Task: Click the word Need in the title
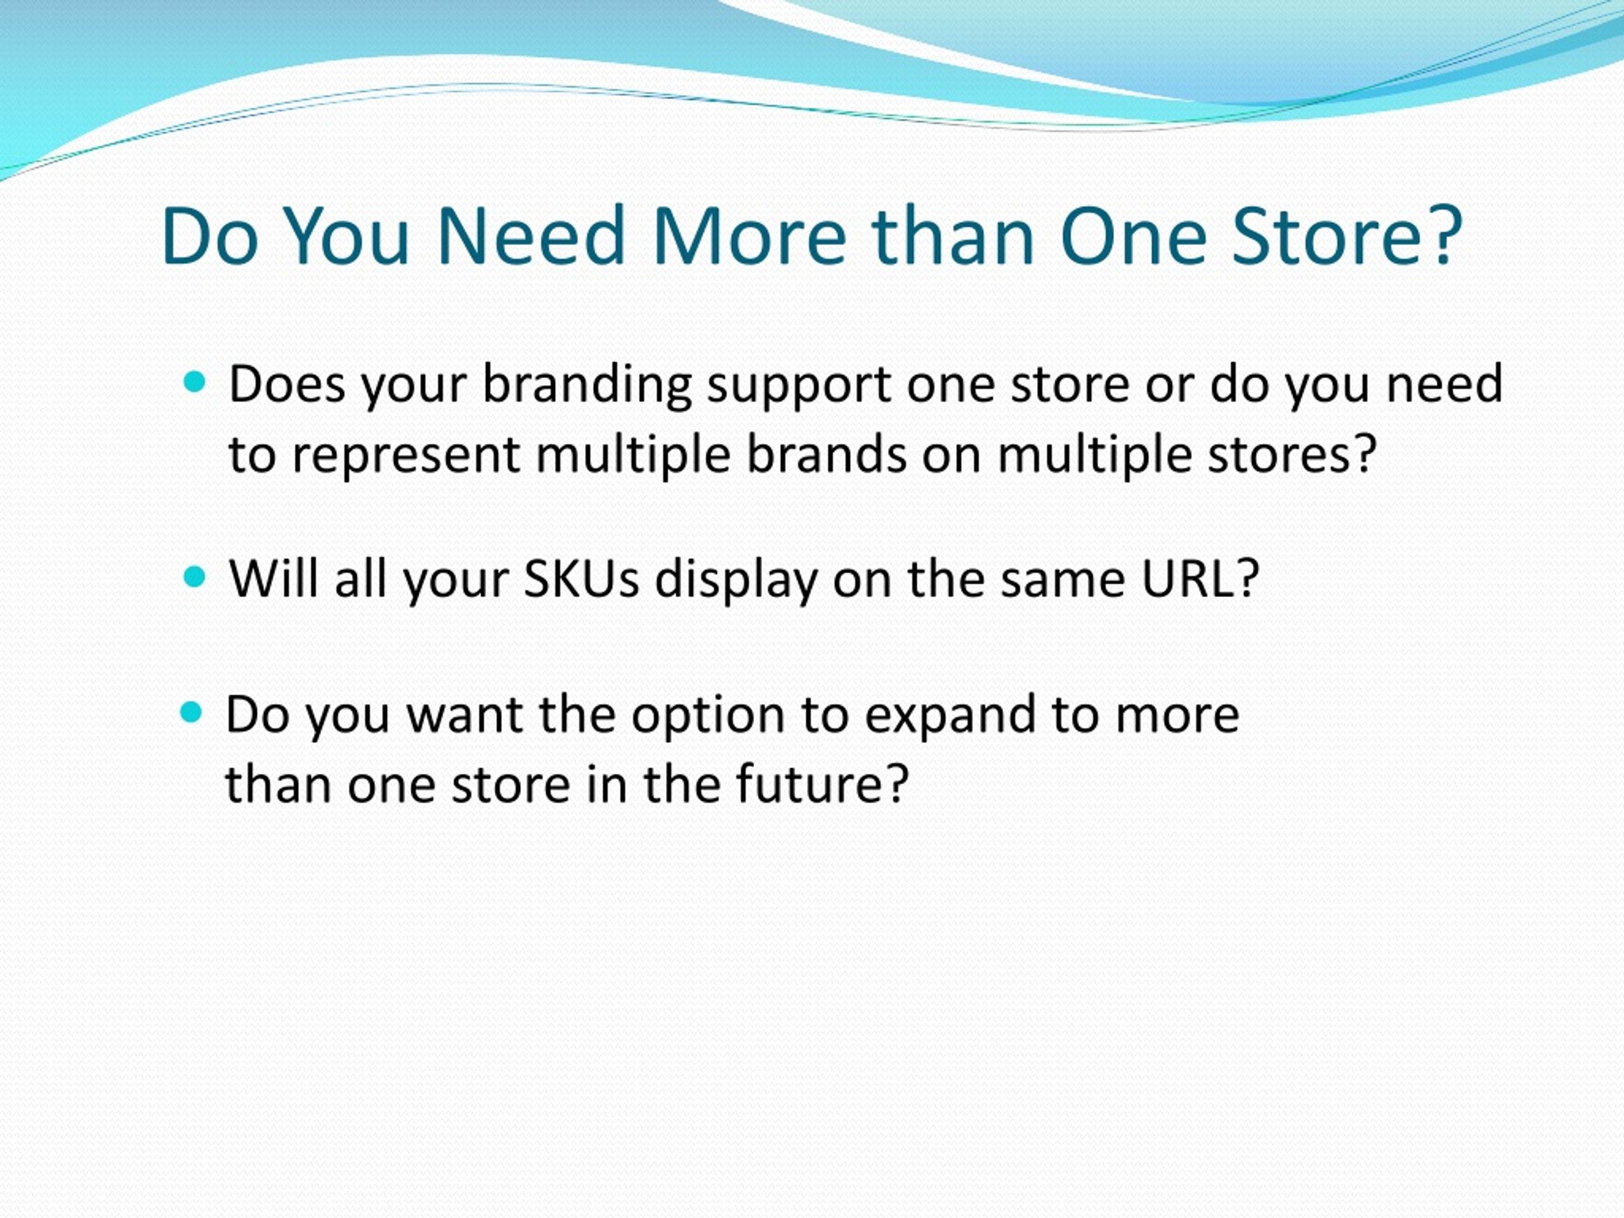[x=530, y=236]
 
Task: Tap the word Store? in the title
[x=1347, y=236]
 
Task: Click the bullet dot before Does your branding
[x=194, y=382]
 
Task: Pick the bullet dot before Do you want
[x=191, y=711]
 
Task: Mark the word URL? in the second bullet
[x=1200, y=579]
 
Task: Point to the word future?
[x=823, y=783]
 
